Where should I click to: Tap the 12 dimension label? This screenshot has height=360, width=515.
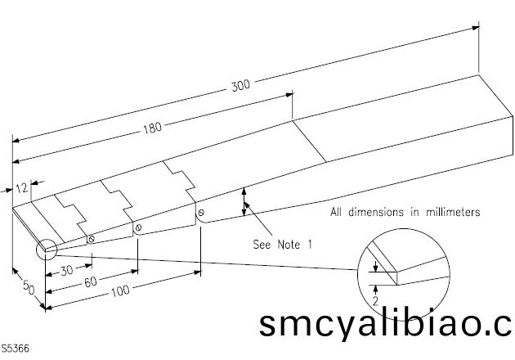click(x=22, y=187)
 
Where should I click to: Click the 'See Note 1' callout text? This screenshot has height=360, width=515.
click(x=283, y=243)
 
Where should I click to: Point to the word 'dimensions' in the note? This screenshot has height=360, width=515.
click(x=375, y=212)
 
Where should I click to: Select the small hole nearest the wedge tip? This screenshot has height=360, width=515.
click(x=91, y=239)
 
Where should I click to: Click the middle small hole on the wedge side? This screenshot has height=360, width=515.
click(x=139, y=227)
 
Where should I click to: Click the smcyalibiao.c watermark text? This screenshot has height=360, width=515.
click(x=385, y=324)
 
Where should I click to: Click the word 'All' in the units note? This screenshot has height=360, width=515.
click(x=338, y=212)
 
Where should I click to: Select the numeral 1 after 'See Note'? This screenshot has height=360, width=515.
click(x=310, y=243)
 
